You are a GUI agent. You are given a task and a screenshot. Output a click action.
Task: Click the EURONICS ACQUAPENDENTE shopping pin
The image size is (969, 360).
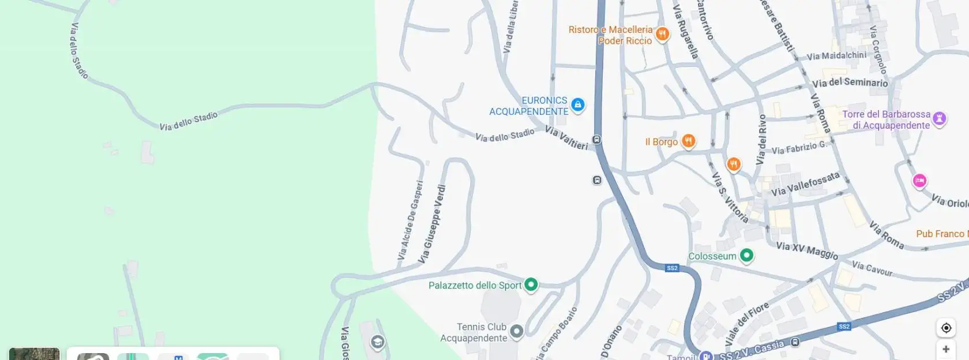[x=577, y=104]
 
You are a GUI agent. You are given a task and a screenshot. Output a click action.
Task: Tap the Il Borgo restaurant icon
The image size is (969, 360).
[x=688, y=141]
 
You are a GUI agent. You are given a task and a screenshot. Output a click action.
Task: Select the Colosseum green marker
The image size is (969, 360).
[x=746, y=255]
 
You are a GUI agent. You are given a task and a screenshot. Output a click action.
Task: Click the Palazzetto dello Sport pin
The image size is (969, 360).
[x=531, y=284]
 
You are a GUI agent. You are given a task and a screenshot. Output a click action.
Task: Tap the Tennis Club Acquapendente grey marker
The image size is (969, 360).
[x=517, y=331]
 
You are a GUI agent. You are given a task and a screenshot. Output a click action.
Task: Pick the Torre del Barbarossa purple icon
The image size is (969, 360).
[x=939, y=118]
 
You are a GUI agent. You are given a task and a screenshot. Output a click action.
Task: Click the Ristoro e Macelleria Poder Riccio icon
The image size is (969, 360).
[x=662, y=34]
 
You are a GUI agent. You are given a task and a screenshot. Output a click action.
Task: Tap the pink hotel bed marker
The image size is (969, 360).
[x=919, y=181]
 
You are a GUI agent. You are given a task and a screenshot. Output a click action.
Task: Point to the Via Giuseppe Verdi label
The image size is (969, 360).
[x=433, y=224]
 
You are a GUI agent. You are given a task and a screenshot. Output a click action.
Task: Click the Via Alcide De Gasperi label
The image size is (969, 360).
[x=411, y=220]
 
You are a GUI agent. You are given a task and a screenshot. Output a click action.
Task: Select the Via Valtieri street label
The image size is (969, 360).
[x=566, y=138]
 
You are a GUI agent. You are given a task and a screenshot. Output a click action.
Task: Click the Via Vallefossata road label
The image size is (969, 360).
[x=805, y=184]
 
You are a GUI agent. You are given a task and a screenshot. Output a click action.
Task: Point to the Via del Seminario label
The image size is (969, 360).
[x=850, y=82]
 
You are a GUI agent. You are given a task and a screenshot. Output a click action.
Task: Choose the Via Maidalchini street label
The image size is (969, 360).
[x=836, y=55]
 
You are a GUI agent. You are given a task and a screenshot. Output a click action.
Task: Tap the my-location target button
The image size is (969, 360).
[x=946, y=328]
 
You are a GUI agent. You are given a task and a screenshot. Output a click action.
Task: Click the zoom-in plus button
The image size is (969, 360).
[x=946, y=349]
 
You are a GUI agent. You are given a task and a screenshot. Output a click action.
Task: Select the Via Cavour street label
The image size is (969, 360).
[x=872, y=268]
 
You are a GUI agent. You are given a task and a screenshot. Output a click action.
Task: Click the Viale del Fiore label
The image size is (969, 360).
[x=746, y=324]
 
